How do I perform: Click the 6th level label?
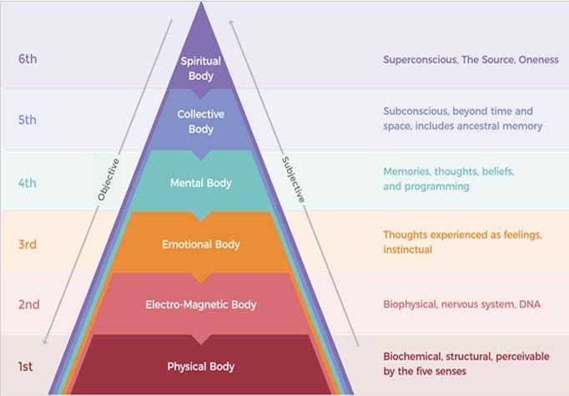[28, 59]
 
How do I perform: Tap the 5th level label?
[28, 120]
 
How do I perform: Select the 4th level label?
[28, 183]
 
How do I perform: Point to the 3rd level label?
[28, 244]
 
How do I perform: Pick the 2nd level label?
[28, 304]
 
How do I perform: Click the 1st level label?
[27, 366]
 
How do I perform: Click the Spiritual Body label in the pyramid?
[201, 68]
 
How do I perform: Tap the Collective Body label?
[201, 122]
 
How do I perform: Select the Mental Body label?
[201, 183]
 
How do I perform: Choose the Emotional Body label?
[201, 244]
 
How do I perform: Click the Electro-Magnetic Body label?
[201, 304]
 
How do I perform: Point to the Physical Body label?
[201, 366]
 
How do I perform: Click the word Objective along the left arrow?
[108, 179]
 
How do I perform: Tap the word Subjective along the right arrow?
[293, 179]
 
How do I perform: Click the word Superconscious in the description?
[420, 60]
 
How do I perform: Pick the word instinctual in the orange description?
[408, 250]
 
